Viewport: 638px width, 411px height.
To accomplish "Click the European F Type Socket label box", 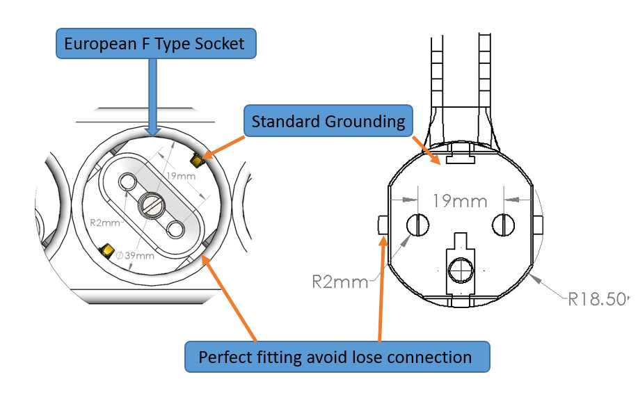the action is pos(156,44).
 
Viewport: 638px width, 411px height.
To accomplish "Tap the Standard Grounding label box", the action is pos(328,121).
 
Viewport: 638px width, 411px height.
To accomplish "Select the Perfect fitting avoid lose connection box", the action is pos(337,357).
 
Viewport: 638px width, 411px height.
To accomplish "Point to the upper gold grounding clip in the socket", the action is pos(198,161).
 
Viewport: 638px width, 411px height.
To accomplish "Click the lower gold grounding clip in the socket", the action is pos(106,251).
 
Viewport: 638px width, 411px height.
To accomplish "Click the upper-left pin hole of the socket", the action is pos(128,182).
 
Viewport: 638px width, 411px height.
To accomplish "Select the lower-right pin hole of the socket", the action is pos(176,229).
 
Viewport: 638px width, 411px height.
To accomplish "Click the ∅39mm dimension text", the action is pos(135,256).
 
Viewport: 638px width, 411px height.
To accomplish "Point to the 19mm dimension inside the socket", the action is pos(181,176).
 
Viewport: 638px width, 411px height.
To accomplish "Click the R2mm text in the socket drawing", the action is pos(105,223).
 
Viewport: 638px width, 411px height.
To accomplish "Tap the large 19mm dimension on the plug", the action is pos(460,201).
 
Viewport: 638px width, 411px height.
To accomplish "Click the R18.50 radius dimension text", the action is pos(598,299).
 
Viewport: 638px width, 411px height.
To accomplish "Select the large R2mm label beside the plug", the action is pos(340,282).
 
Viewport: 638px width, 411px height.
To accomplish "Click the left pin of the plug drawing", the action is pos(418,225).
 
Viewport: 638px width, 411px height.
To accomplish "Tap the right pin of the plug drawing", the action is pos(503,225).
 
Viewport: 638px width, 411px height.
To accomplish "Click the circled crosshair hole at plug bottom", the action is pos(461,270).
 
